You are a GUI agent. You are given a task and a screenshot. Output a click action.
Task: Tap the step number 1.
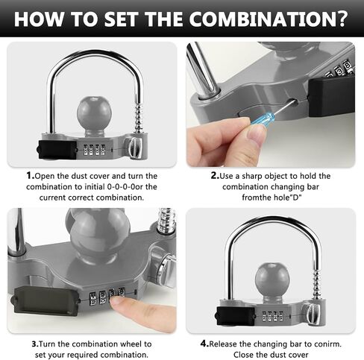31,176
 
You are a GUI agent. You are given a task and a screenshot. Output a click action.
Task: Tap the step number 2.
215,176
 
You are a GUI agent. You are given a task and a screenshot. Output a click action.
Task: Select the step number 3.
35,344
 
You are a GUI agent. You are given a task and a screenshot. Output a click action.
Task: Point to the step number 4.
204,344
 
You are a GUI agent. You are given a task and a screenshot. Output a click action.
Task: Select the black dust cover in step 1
57,149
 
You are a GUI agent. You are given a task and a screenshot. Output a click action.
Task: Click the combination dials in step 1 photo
94,150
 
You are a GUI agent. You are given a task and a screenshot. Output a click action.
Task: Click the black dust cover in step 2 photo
332,98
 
